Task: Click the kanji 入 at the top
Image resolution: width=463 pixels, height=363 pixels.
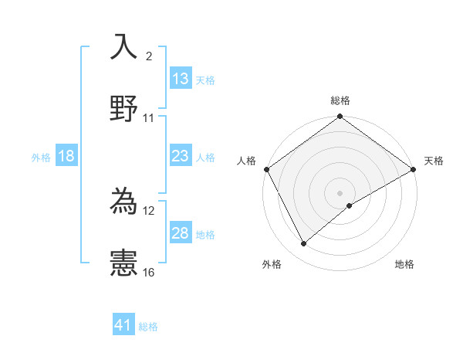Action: [123, 47]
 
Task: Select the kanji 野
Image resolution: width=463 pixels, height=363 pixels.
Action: [123, 108]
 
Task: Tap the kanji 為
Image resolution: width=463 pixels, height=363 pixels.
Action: [123, 201]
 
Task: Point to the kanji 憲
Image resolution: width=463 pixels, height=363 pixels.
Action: [123, 263]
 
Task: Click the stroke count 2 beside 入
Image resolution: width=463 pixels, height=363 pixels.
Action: [149, 56]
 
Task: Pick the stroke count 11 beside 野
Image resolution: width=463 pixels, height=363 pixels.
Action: [149, 118]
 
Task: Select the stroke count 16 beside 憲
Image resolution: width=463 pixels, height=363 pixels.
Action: [149, 272]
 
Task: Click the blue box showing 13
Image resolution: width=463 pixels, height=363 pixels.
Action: [181, 79]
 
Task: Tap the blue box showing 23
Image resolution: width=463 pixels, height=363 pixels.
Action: [181, 156]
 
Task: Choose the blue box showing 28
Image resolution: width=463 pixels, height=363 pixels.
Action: [181, 233]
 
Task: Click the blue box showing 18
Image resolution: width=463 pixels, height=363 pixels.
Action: [66, 156]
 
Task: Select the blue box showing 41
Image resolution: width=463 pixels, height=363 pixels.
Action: [123, 326]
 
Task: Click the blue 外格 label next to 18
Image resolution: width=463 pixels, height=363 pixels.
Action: [41, 157]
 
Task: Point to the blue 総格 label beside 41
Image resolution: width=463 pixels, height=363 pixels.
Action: [148, 327]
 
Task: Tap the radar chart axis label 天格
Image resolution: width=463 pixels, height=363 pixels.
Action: [434, 161]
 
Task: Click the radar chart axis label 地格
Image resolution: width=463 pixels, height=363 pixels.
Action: [404, 264]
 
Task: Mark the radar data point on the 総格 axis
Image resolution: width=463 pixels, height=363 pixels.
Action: [340, 117]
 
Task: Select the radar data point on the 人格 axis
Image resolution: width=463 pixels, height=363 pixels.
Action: [266, 169]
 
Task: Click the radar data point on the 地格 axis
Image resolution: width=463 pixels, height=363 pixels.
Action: [350, 205]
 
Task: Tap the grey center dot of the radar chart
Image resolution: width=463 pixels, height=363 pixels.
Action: [340, 192]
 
